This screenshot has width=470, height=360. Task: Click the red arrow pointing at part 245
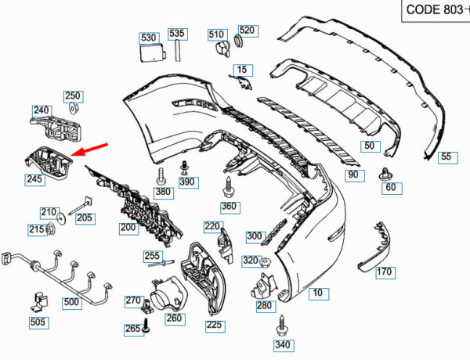pyautogui.click(x=89, y=149)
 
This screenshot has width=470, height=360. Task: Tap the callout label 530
pyautogui.click(x=149, y=38)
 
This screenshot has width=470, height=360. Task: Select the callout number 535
pyautogui.click(x=178, y=34)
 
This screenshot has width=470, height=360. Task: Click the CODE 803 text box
pyautogui.click(x=436, y=10)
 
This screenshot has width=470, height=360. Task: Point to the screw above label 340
pyautogui.click(x=281, y=326)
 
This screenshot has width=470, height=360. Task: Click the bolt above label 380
pyautogui.click(x=161, y=176)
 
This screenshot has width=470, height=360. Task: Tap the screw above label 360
pyautogui.click(x=228, y=188)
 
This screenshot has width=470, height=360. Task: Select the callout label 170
pyautogui.click(x=385, y=272)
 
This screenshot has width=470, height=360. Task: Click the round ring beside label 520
pyautogui.click(x=238, y=41)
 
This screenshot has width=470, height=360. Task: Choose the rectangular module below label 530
pyautogui.click(x=153, y=52)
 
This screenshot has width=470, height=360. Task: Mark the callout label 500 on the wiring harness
pyautogui.click(x=72, y=303)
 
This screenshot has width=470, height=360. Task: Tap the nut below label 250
pyautogui.click(x=73, y=108)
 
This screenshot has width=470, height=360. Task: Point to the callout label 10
pyautogui.click(x=318, y=293)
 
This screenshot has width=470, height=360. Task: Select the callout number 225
pyautogui.click(x=215, y=326)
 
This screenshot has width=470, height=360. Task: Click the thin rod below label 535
pyautogui.click(x=178, y=51)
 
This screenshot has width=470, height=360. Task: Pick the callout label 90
pyautogui.click(x=354, y=175)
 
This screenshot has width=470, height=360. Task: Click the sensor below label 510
pyautogui.click(x=222, y=49)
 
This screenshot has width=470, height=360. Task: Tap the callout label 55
pyautogui.click(x=447, y=157)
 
